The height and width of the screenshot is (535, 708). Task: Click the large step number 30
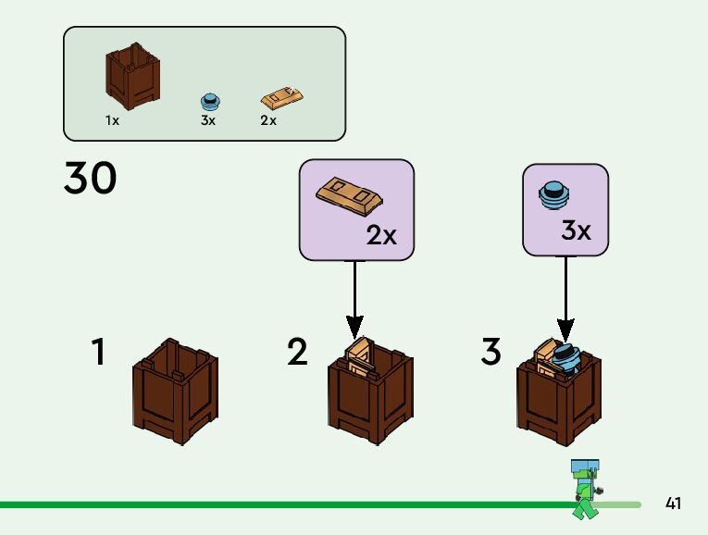click(x=91, y=179)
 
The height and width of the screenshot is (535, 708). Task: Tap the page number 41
click(x=673, y=504)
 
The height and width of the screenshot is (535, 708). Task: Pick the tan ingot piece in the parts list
click(x=282, y=96)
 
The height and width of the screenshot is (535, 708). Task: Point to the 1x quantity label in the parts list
click(x=112, y=121)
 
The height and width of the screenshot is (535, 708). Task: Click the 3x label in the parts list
click(x=208, y=121)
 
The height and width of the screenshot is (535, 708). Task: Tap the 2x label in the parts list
click(x=268, y=121)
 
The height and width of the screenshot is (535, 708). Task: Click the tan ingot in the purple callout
click(x=349, y=193)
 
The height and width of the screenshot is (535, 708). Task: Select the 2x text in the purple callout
click(x=381, y=236)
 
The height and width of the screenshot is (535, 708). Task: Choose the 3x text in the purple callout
click(x=576, y=230)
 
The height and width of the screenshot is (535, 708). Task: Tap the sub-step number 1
click(x=98, y=353)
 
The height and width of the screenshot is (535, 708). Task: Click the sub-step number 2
click(x=297, y=353)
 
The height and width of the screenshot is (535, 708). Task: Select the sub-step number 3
click(x=491, y=353)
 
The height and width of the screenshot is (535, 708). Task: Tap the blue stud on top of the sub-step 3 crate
click(x=565, y=355)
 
